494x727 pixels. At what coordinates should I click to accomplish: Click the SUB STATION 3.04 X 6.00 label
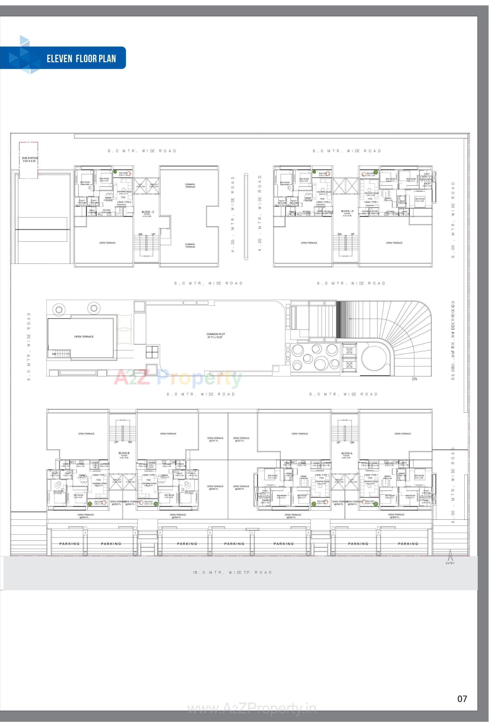tap(30, 159)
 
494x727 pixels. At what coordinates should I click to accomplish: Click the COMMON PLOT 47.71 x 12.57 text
tap(216, 335)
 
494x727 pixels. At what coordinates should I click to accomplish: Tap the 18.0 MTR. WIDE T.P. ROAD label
tap(232, 572)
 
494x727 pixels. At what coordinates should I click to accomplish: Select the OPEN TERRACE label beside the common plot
tap(84, 336)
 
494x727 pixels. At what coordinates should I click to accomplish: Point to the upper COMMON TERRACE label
tap(190, 185)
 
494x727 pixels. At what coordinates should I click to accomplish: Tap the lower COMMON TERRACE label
tap(190, 246)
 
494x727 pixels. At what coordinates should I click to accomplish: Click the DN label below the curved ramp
tap(414, 379)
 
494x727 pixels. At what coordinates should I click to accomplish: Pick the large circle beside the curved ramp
tap(375, 359)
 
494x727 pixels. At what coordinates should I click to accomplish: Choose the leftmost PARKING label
tap(69, 544)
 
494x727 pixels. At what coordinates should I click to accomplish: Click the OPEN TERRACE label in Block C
tap(107, 243)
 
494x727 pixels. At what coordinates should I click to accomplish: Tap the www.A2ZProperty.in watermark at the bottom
tap(252, 708)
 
